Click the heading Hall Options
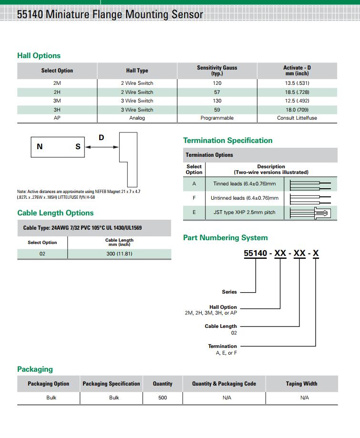point(39,56)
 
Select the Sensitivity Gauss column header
point(217,71)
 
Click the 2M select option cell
point(57,83)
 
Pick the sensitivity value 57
point(217,92)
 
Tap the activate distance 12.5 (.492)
point(297,101)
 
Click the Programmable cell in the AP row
point(217,118)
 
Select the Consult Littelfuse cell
point(297,118)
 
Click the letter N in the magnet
point(40,147)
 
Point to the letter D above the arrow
point(101,138)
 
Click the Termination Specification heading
point(227,141)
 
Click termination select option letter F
point(194,198)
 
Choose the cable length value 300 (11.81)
point(119,254)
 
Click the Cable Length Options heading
point(55,213)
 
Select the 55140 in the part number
point(255,254)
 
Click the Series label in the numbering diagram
point(229,292)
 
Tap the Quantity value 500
point(163,397)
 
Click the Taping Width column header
point(301,384)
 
